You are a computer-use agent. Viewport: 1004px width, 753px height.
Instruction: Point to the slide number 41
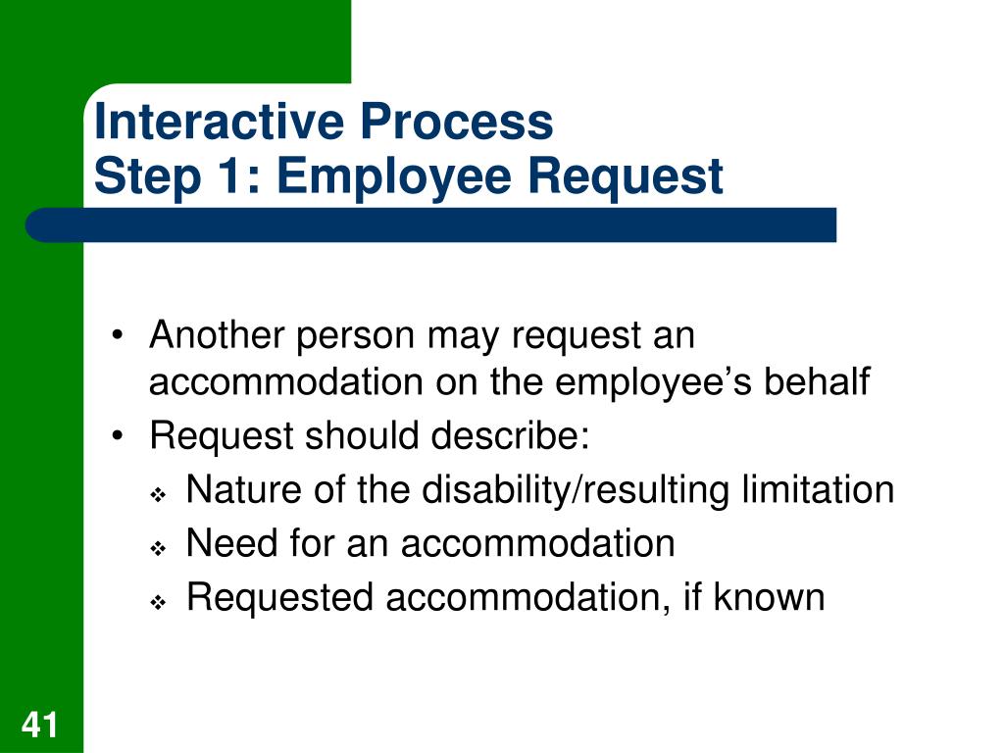coord(40,726)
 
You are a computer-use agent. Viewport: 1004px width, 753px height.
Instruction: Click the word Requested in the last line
coord(279,597)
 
